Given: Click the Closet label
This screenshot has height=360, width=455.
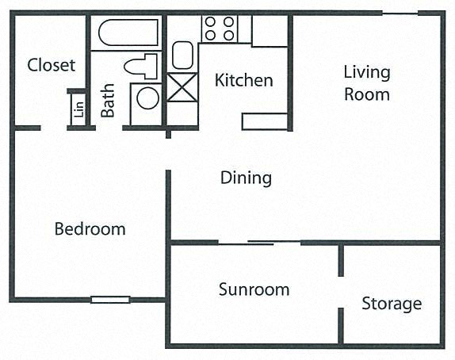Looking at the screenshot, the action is (x=52, y=65).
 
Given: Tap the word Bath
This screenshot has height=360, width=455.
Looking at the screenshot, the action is (x=107, y=101).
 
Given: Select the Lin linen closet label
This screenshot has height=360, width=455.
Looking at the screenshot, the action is (x=79, y=109).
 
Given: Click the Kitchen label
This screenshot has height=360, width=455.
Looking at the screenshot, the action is (x=244, y=80).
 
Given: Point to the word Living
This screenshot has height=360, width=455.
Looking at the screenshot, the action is (x=367, y=72).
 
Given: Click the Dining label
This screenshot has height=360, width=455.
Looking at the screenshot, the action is (x=246, y=178).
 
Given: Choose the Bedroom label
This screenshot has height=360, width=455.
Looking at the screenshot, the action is (x=90, y=229).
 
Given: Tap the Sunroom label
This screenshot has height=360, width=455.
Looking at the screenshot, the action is (x=254, y=289).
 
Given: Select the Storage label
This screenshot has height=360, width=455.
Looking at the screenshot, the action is (x=392, y=304).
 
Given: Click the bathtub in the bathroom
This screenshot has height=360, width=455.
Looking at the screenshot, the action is (x=128, y=33).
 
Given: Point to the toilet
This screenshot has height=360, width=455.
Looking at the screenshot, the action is (x=141, y=66).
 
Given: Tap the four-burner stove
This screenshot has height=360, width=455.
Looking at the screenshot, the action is (x=220, y=29).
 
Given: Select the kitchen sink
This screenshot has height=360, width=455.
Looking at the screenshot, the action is (x=182, y=56).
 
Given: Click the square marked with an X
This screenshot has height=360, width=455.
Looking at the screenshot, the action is (x=182, y=87).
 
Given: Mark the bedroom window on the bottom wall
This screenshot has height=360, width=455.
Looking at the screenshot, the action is (x=110, y=300).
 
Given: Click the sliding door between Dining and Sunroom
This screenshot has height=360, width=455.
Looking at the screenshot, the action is (x=259, y=243).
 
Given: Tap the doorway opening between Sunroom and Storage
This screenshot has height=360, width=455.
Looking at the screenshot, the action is (x=341, y=292).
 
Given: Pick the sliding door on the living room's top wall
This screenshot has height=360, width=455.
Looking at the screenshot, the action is (x=400, y=13).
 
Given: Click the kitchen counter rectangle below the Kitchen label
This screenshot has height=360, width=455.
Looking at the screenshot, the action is (x=265, y=121).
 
